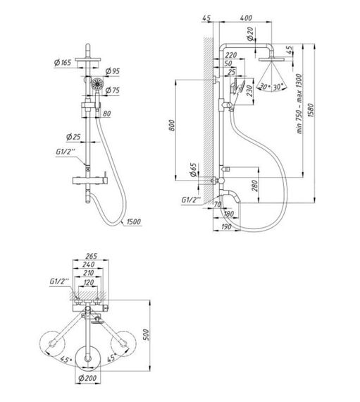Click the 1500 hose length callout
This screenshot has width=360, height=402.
pos(132,223)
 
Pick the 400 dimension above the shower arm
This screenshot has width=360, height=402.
pos(246,17)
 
